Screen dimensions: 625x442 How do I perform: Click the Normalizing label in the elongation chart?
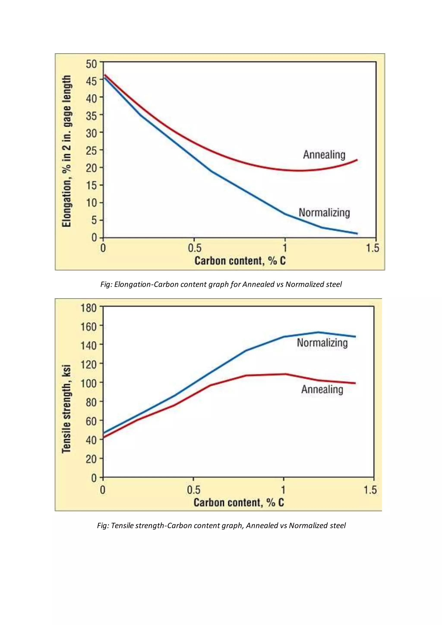pyautogui.click(x=324, y=213)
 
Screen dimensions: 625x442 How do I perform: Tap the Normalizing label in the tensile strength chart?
pyautogui.click(x=322, y=343)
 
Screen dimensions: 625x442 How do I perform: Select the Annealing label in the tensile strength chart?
pyautogui.click(x=322, y=389)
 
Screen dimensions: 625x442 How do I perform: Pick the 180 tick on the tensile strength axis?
pyautogui.click(x=89, y=308)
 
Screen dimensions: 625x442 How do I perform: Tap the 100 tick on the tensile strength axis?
pyautogui.click(x=89, y=383)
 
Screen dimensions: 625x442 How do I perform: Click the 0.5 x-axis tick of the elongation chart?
pyautogui.click(x=194, y=248)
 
